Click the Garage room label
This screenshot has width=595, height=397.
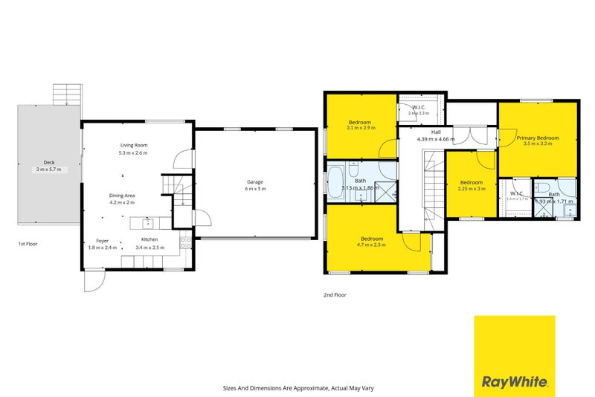255,182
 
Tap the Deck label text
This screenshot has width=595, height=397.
49,162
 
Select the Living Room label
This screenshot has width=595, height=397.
134,145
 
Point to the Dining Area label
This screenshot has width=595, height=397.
122,196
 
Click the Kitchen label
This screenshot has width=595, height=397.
149,239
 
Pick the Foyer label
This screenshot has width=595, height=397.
103,240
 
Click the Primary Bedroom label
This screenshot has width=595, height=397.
538,138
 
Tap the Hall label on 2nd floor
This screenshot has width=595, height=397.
425,132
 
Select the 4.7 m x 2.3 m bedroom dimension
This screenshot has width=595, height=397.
371,245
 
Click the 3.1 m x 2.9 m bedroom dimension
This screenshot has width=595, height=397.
360,128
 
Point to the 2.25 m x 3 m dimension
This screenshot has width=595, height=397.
472,189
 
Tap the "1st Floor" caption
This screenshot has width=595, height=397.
29,244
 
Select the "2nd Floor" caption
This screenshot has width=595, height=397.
335,295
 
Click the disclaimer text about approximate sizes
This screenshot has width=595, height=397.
297,387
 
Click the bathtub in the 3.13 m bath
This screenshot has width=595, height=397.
335,181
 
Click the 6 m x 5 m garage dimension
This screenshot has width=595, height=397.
255,189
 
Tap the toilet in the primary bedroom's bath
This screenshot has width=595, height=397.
543,187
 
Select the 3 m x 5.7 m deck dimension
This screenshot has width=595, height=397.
49,170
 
